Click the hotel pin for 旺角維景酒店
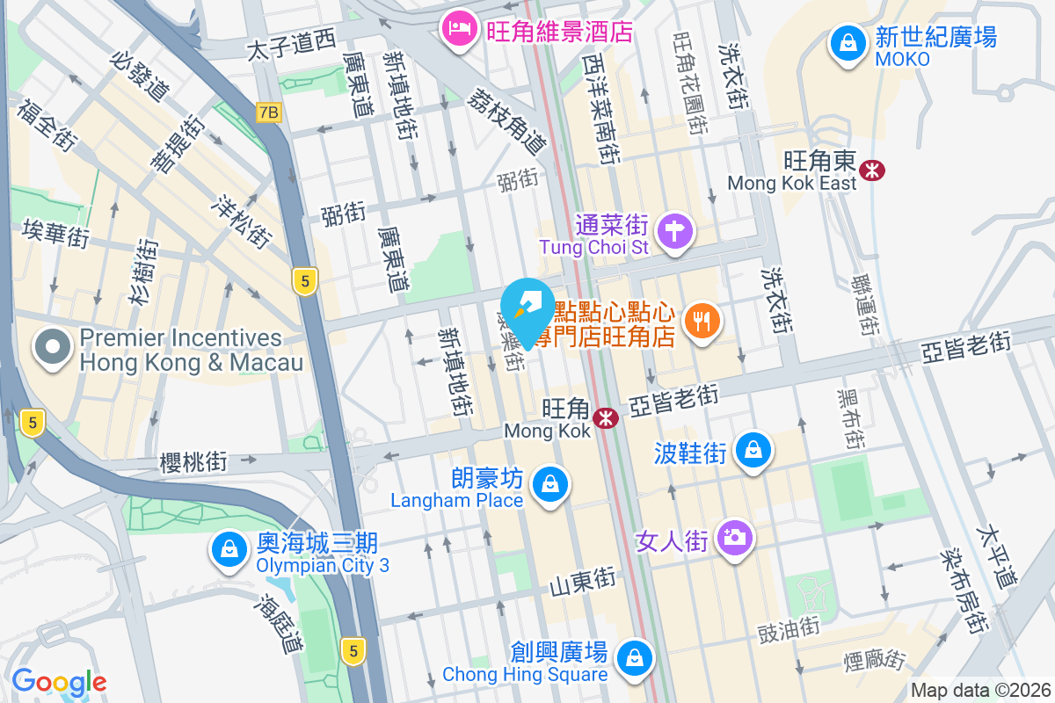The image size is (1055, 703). [x=460, y=33]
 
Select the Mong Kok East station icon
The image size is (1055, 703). [x=872, y=170]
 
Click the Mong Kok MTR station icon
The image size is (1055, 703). [x=605, y=418]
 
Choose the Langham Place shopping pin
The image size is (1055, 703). [x=549, y=484]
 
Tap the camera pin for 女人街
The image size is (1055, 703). [x=734, y=537]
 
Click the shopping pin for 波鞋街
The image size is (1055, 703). [x=753, y=450]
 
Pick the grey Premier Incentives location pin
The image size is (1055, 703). [x=54, y=347]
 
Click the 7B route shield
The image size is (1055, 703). [x=268, y=112]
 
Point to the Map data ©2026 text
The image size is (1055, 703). [x=980, y=691]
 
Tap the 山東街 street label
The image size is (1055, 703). [x=582, y=581]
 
